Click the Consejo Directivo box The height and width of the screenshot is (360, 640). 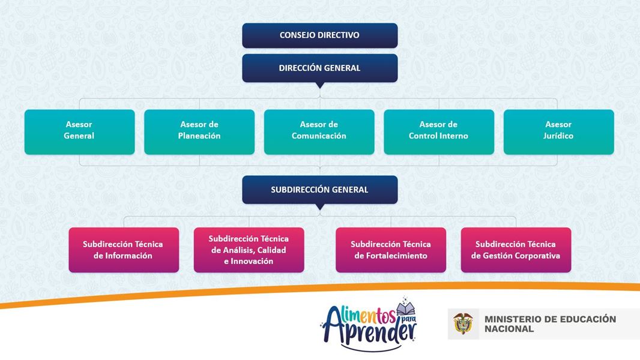[319, 35]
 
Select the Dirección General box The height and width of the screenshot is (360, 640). [319, 68]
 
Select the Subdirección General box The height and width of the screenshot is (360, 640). [319, 190]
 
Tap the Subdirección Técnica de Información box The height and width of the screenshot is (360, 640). [123, 250]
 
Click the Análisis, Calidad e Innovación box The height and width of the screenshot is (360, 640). [249, 250]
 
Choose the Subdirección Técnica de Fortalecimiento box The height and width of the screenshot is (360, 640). [391, 250]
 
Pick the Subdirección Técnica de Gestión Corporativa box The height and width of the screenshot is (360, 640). [516, 250]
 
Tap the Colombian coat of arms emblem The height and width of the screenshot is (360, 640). [463, 323]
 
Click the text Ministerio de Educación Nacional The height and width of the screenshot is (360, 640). [550, 324]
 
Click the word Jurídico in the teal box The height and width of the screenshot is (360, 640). [558, 136]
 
